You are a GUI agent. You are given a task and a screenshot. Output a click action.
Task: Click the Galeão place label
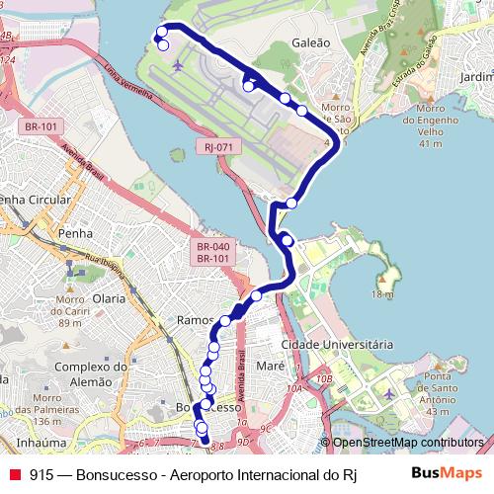(x=310, y=43)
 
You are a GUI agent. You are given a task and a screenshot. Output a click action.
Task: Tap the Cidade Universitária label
(x=337, y=344)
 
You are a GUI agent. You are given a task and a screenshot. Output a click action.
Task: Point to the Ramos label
(x=195, y=320)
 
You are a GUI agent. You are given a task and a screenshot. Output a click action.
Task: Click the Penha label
(x=75, y=233)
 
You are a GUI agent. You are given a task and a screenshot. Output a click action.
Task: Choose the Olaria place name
(x=109, y=297)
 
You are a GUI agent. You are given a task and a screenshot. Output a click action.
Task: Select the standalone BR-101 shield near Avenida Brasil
(x=41, y=126)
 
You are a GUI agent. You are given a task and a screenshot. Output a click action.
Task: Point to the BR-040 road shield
(x=213, y=247)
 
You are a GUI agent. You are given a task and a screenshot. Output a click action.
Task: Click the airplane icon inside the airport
(x=178, y=66)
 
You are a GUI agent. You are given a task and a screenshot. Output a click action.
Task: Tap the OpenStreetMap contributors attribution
(x=407, y=443)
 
